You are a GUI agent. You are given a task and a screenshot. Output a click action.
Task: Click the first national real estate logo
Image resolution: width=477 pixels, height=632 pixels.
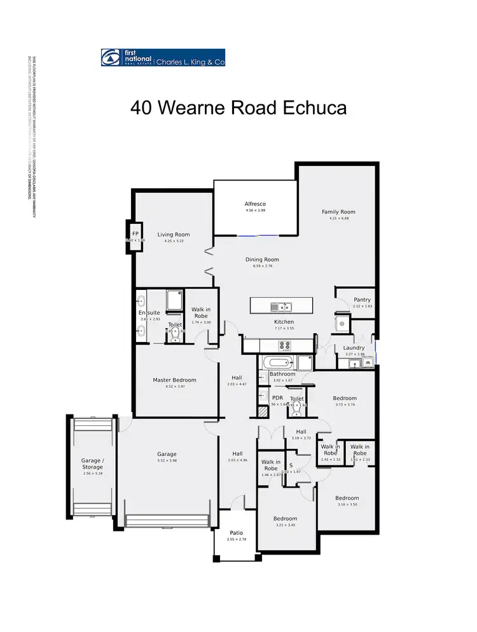pyautogui.click(x=162, y=58)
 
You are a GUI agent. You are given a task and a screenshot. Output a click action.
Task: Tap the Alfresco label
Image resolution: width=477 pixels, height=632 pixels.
pyautogui.click(x=254, y=203)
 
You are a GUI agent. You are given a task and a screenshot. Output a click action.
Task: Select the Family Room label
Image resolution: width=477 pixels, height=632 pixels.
pyautogui.click(x=338, y=212)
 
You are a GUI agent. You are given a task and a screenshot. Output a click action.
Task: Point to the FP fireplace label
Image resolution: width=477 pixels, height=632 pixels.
pyautogui.click(x=135, y=234)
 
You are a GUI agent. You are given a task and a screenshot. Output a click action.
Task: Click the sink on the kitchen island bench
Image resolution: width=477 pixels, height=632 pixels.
pyautogui.click(x=280, y=307)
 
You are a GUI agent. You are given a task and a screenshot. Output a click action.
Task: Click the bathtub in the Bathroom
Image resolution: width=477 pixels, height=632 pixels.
pyautogui.click(x=277, y=363)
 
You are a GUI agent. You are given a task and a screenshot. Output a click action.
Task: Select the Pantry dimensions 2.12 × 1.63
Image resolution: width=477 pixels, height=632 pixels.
pyautogui.click(x=362, y=306)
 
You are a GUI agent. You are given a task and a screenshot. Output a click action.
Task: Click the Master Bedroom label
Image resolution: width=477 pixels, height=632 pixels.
pyautogui.click(x=174, y=380)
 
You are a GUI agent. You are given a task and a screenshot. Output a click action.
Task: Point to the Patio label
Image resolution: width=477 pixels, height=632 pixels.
pyautogui.click(x=235, y=533)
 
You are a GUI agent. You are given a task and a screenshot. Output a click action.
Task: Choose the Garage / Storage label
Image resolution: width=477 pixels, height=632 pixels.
pyautogui.click(x=92, y=464)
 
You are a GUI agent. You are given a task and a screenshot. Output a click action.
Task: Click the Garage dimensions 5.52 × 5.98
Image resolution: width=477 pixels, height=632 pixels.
pyautogui.click(x=167, y=461)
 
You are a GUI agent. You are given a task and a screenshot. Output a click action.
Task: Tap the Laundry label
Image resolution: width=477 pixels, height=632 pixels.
pyautogui.click(x=353, y=348)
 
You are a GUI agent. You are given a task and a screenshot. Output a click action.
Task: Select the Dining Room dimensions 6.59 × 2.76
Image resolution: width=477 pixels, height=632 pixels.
pyautogui.click(x=263, y=266)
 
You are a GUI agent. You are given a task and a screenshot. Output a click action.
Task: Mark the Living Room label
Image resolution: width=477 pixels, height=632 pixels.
pyautogui.click(x=173, y=235)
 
